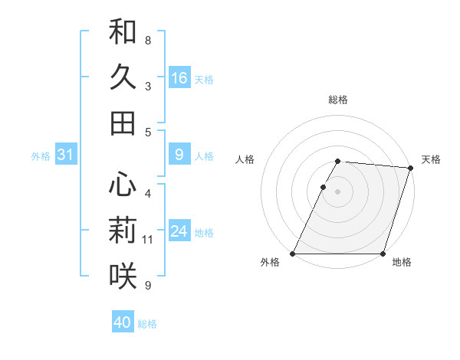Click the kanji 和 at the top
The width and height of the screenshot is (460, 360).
point(123,31)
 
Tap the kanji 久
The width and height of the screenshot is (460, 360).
point(123,77)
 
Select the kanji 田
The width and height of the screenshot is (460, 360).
point(123,123)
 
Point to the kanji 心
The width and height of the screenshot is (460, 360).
point(123,185)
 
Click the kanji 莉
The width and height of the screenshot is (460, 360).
point(123,231)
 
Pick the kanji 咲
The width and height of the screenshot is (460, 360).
point(123,276)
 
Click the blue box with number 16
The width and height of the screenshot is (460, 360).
point(179,77)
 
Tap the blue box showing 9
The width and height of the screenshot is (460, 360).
point(179,155)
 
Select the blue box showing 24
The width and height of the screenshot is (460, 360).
point(179,231)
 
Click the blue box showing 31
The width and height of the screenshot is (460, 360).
point(65,155)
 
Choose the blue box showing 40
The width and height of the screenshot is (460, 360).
point(123,322)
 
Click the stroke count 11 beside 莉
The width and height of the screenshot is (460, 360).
point(148,240)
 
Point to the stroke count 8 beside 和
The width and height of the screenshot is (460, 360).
point(148,40)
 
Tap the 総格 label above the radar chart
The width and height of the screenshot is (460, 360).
point(338,100)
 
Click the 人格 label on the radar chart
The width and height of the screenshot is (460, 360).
point(245,159)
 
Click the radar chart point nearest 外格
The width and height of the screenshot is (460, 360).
point(293,254)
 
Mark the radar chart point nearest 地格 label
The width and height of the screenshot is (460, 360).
point(383,254)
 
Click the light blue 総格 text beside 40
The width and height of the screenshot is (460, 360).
point(147,324)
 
